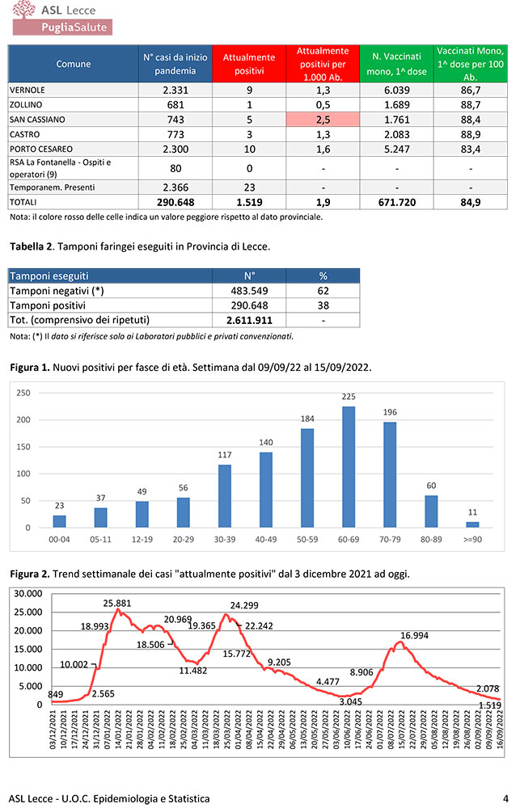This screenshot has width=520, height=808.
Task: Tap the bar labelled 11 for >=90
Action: click(x=473, y=524)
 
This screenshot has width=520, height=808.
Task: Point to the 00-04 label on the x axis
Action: click(x=59, y=537)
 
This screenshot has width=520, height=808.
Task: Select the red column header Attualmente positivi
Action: click(x=249, y=64)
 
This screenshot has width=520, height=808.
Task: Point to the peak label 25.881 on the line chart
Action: click(x=121, y=603)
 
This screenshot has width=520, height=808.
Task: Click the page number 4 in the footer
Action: click(x=505, y=798)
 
